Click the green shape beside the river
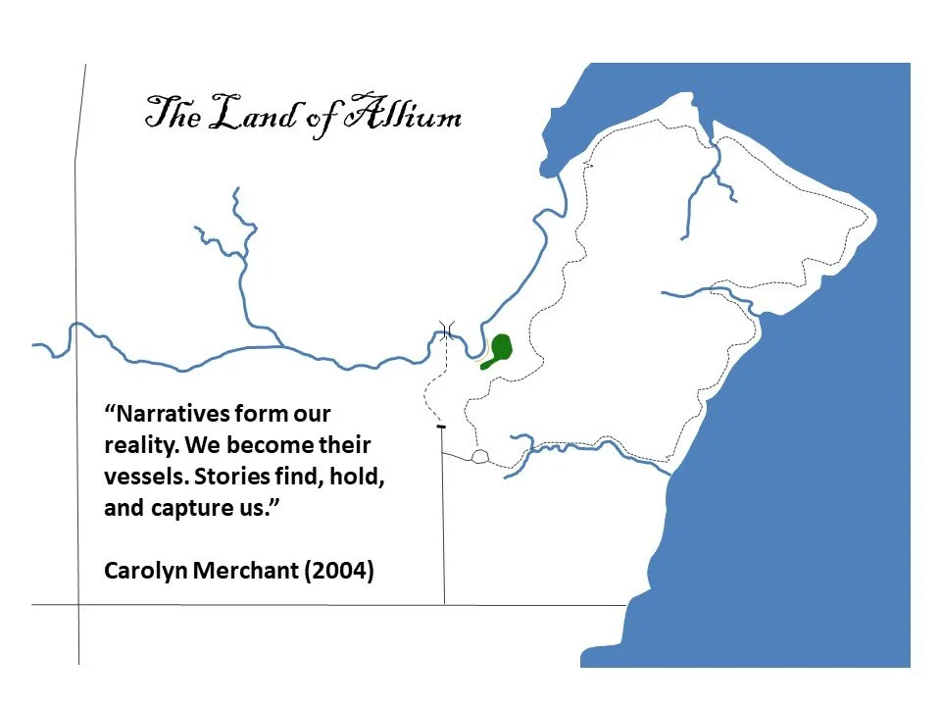click(x=501, y=349)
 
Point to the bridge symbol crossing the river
click(x=447, y=331)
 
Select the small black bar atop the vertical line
click(x=441, y=428)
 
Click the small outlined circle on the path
click(x=479, y=457)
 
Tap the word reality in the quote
click(x=138, y=445)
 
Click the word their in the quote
click(x=345, y=445)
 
